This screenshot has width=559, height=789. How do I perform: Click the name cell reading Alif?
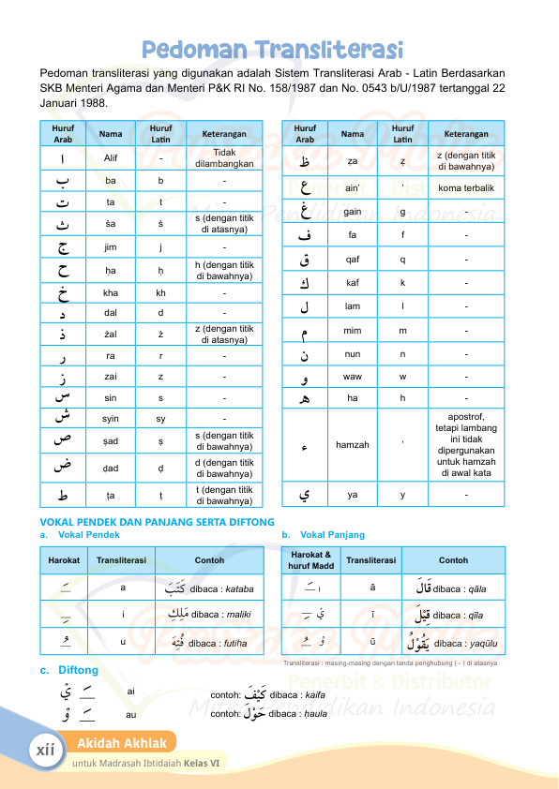tap(111, 158)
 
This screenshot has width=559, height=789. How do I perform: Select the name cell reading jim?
tap(111, 247)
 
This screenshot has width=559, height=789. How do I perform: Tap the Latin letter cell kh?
tap(160, 292)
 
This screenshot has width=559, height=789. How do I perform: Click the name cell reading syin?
tap(111, 418)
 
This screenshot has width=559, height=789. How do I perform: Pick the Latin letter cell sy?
tap(160, 418)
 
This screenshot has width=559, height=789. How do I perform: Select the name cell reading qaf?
tap(353, 260)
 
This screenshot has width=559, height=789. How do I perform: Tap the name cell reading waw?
tap(353, 377)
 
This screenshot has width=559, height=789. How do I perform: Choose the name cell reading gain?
tap(353, 213)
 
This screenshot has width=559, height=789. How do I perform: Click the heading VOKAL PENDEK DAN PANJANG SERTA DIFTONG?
tap(157, 522)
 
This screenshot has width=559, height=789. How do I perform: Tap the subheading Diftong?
tap(78, 671)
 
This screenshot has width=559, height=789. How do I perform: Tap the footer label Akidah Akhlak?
tap(122, 744)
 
